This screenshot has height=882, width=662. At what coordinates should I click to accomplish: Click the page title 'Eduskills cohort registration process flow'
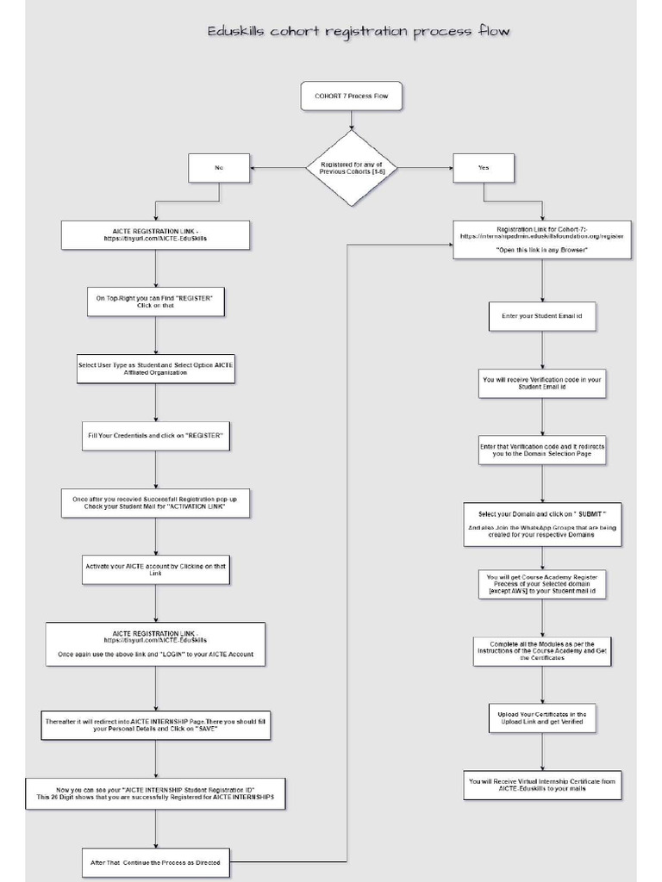coord(359,32)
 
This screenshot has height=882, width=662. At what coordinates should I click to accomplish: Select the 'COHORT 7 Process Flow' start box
coord(351,96)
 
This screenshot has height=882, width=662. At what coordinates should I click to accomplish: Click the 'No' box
coord(218,168)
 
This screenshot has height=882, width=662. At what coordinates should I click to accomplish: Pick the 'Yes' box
coord(484,168)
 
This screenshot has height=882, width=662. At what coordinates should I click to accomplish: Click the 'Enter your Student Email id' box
coord(541,316)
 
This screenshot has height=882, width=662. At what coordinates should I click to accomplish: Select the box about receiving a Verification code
coord(541,383)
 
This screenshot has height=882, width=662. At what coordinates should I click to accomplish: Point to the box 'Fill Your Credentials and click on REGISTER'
coord(155,436)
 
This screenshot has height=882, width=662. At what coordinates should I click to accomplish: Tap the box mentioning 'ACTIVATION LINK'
coord(155,503)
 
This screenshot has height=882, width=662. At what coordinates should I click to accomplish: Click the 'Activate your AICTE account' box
coord(155,569)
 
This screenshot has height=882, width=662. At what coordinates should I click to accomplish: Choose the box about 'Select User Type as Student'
coord(155,369)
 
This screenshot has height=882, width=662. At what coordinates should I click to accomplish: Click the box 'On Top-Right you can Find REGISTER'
coord(155,301)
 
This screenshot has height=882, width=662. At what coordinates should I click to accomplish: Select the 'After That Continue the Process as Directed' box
coord(155,861)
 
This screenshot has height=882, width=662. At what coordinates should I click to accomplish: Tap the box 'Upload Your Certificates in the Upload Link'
coord(541,717)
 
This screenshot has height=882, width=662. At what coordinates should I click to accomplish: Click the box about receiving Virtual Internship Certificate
coord(541,785)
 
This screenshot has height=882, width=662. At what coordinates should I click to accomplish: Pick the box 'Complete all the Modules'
coord(541,651)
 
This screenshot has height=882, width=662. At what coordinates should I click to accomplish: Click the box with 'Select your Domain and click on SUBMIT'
coord(541,525)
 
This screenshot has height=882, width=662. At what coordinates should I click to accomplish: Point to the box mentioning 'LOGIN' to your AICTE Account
coord(155,645)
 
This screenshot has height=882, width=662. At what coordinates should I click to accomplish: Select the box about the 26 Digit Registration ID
coord(155,794)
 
